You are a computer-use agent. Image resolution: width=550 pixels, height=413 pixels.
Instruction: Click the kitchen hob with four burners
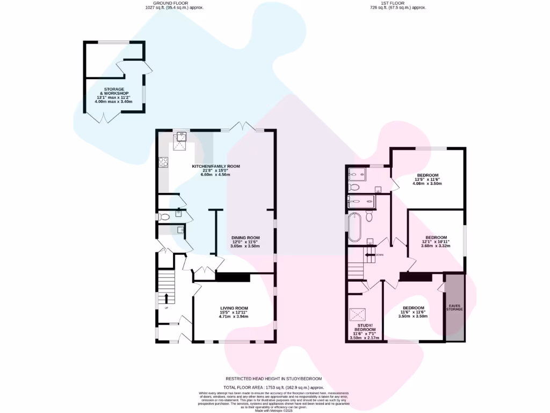click(x=163, y=161)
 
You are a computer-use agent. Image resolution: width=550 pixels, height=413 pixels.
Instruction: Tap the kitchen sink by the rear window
click(x=182, y=137)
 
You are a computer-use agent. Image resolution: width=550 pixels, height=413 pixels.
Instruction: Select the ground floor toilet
click(x=164, y=217)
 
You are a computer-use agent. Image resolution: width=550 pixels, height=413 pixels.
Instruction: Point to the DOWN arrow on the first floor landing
click(x=370, y=254)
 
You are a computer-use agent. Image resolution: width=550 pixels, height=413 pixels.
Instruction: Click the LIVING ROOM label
click(x=234, y=308)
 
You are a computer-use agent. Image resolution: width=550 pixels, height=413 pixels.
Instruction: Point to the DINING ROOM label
click(x=245, y=238)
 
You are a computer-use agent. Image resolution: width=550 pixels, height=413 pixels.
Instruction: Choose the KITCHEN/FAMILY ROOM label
click(x=216, y=166)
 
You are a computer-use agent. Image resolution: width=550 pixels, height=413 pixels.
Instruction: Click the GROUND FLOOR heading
click(x=174, y=4)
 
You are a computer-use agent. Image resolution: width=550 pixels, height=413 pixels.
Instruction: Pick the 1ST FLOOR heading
click(x=397, y=4)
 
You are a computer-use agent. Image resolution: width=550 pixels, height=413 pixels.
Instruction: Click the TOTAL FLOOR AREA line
click(x=274, y=387)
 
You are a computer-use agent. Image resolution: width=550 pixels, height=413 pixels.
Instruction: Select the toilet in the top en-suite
click(x=354, y=187)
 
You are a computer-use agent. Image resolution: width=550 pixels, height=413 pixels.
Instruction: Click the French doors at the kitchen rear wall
click(x=241, y=127)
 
